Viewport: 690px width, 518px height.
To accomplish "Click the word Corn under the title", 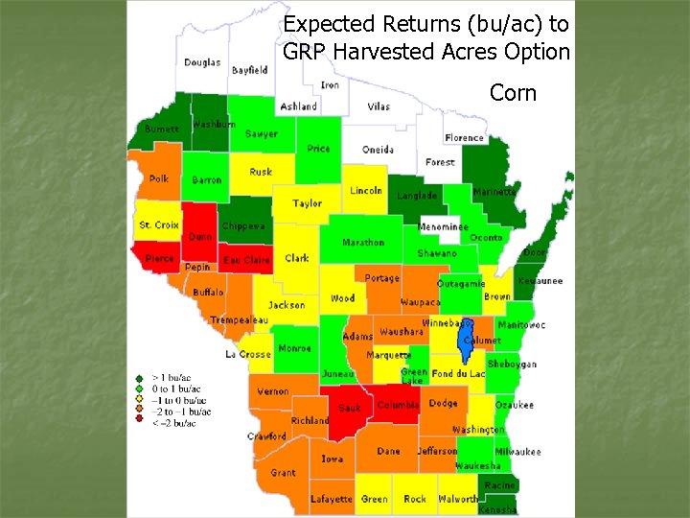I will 514,93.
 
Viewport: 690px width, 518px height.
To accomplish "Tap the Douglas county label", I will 201,62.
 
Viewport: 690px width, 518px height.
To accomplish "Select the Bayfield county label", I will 249,70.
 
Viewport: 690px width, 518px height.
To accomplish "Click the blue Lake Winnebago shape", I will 467,332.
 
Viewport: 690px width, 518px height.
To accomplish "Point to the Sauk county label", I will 349,408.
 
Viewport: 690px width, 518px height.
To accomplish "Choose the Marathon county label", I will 363,243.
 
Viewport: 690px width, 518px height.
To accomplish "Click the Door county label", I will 535,252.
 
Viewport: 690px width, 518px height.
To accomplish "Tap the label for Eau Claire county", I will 246,260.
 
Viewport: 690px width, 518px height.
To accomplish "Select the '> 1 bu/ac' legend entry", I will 172,379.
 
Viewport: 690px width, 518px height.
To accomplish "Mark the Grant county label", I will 283,473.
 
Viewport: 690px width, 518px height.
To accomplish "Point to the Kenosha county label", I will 497,509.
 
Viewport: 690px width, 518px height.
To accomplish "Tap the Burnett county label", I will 161,129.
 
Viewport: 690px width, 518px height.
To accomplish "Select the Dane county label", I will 389,451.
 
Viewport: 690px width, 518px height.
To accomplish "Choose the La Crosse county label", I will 248,354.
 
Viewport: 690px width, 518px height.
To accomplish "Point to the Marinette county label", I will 494,192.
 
